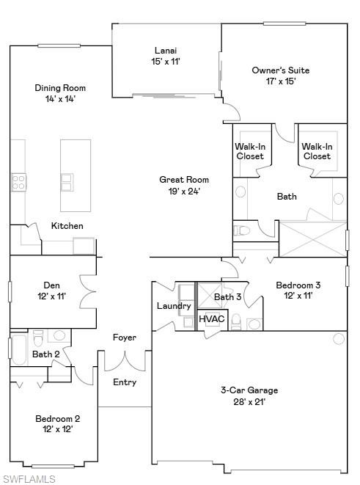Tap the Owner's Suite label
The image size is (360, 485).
[x=280, y=70]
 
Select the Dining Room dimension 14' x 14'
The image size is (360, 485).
[x=55, y=98]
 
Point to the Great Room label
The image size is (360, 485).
[x=184, y=180]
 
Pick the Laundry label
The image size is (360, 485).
[x=175, y=306]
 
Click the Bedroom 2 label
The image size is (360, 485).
[x=57, y=419]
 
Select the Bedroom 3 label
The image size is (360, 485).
[x=298, y=285]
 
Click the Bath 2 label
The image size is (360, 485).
[x=45, y=354]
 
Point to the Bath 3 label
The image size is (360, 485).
[x=227, y=296]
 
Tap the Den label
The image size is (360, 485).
[x=51, y=285]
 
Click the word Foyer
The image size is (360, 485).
[x=124, y=338]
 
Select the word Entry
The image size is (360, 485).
[x=125, y=382]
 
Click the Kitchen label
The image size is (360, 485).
[x=67, y=226]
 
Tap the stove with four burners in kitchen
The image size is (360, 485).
[x=18, y=181]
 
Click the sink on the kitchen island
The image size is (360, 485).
[x=67, y=180]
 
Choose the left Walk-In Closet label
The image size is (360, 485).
[x=249, y=151]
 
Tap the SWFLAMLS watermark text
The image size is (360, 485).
[x=29, y=479]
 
